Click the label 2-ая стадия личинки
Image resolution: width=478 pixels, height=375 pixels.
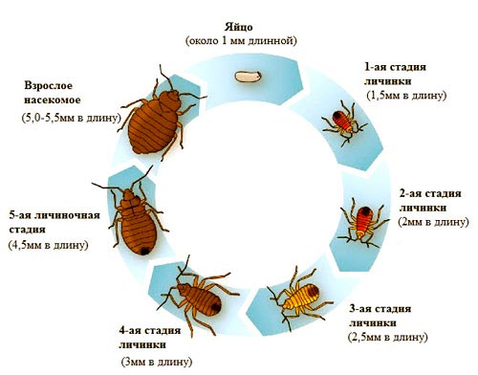tap(430, 199)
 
